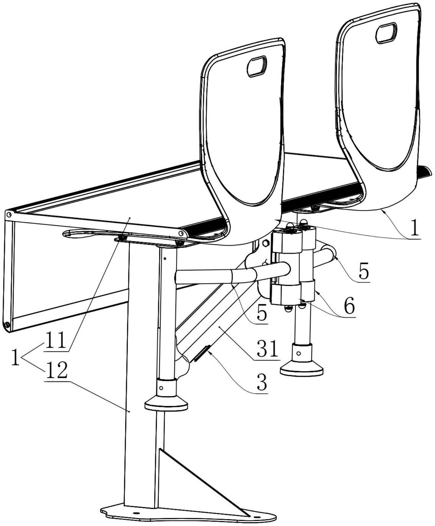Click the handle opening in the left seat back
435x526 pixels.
pyautogui.click(x=257, y=66)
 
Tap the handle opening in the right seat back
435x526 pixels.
pyautogui.click(x=386, y=33)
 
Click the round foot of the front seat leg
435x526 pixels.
pyautogui.click(x=166, y=405)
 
